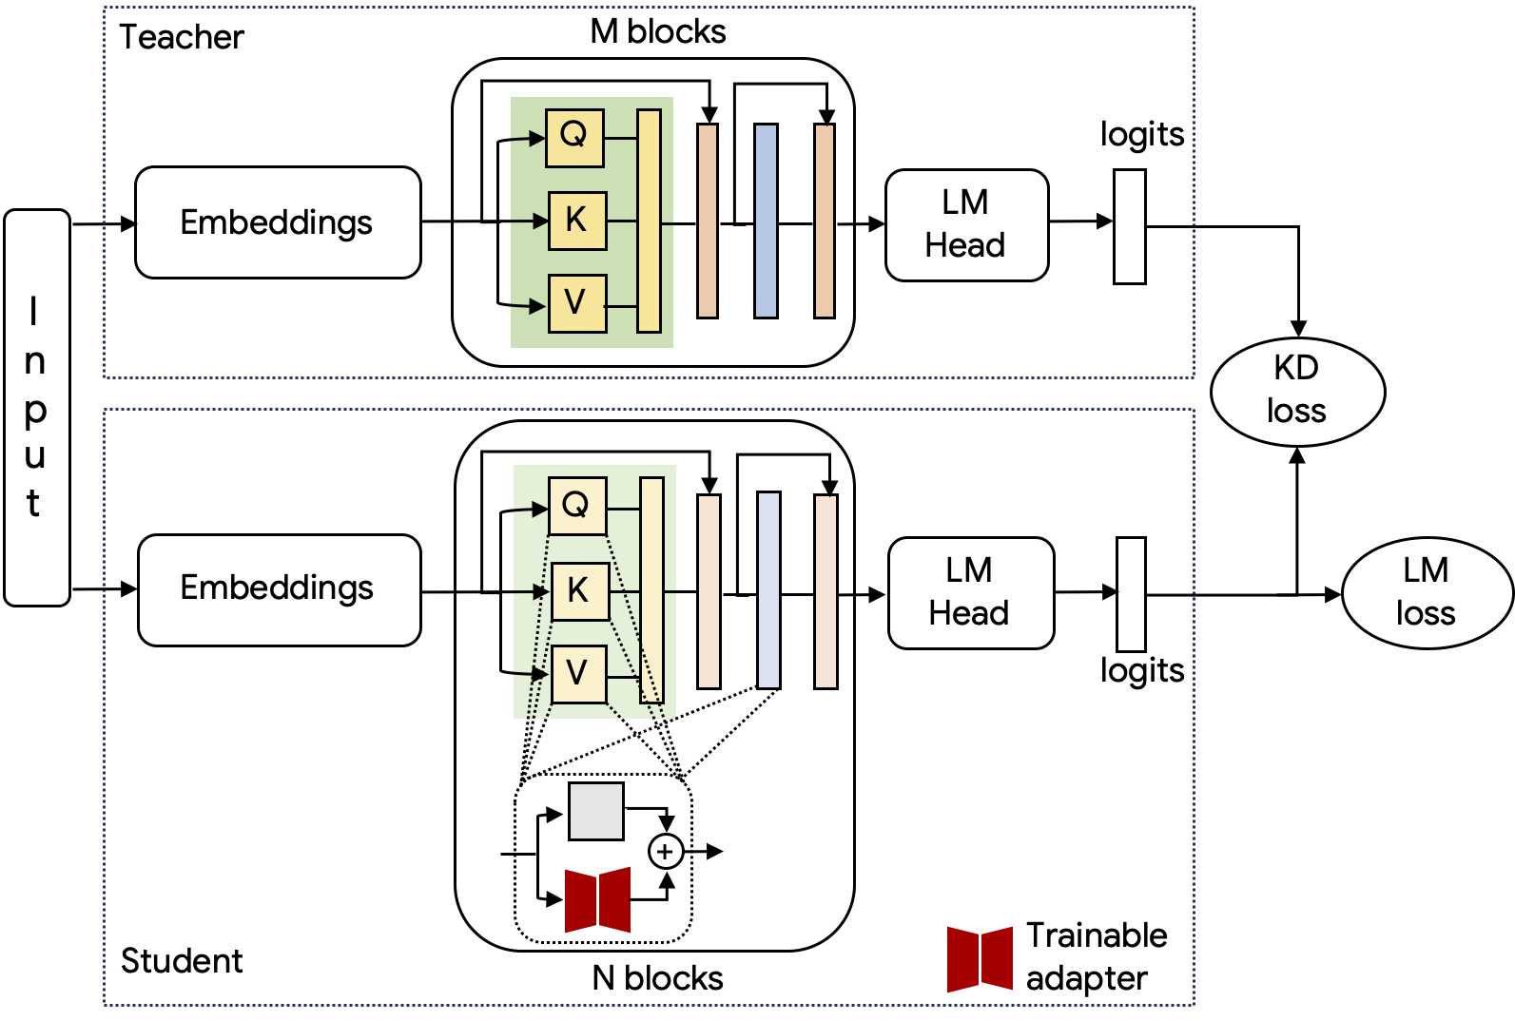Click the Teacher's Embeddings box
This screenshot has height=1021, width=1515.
[278, 222]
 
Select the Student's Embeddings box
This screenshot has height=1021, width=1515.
[279, 589]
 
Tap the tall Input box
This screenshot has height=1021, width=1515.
[36, 407]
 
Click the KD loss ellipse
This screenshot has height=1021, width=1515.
[1297, 391]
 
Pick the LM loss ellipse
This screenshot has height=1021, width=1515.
[1427, 593]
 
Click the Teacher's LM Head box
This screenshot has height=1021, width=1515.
[966, 224]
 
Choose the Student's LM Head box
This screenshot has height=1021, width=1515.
[970, 592]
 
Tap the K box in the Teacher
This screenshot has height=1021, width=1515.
[576, 221]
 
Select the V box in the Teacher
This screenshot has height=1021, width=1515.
[576, 303]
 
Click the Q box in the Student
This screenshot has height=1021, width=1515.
[576, 506]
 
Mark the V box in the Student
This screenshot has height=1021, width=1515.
[577, 673]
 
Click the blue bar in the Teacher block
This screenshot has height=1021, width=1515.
[766, 221]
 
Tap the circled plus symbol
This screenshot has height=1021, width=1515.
[666, 851]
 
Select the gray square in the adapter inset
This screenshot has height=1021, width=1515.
[596, 811]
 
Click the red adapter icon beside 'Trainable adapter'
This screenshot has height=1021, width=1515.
[980, 958]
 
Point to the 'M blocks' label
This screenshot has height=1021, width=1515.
[658, 32]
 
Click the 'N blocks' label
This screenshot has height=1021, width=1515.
[657, 978]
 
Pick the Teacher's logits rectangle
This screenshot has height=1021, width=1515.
[1130, 226]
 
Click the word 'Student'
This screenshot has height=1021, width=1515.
[182, 961]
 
